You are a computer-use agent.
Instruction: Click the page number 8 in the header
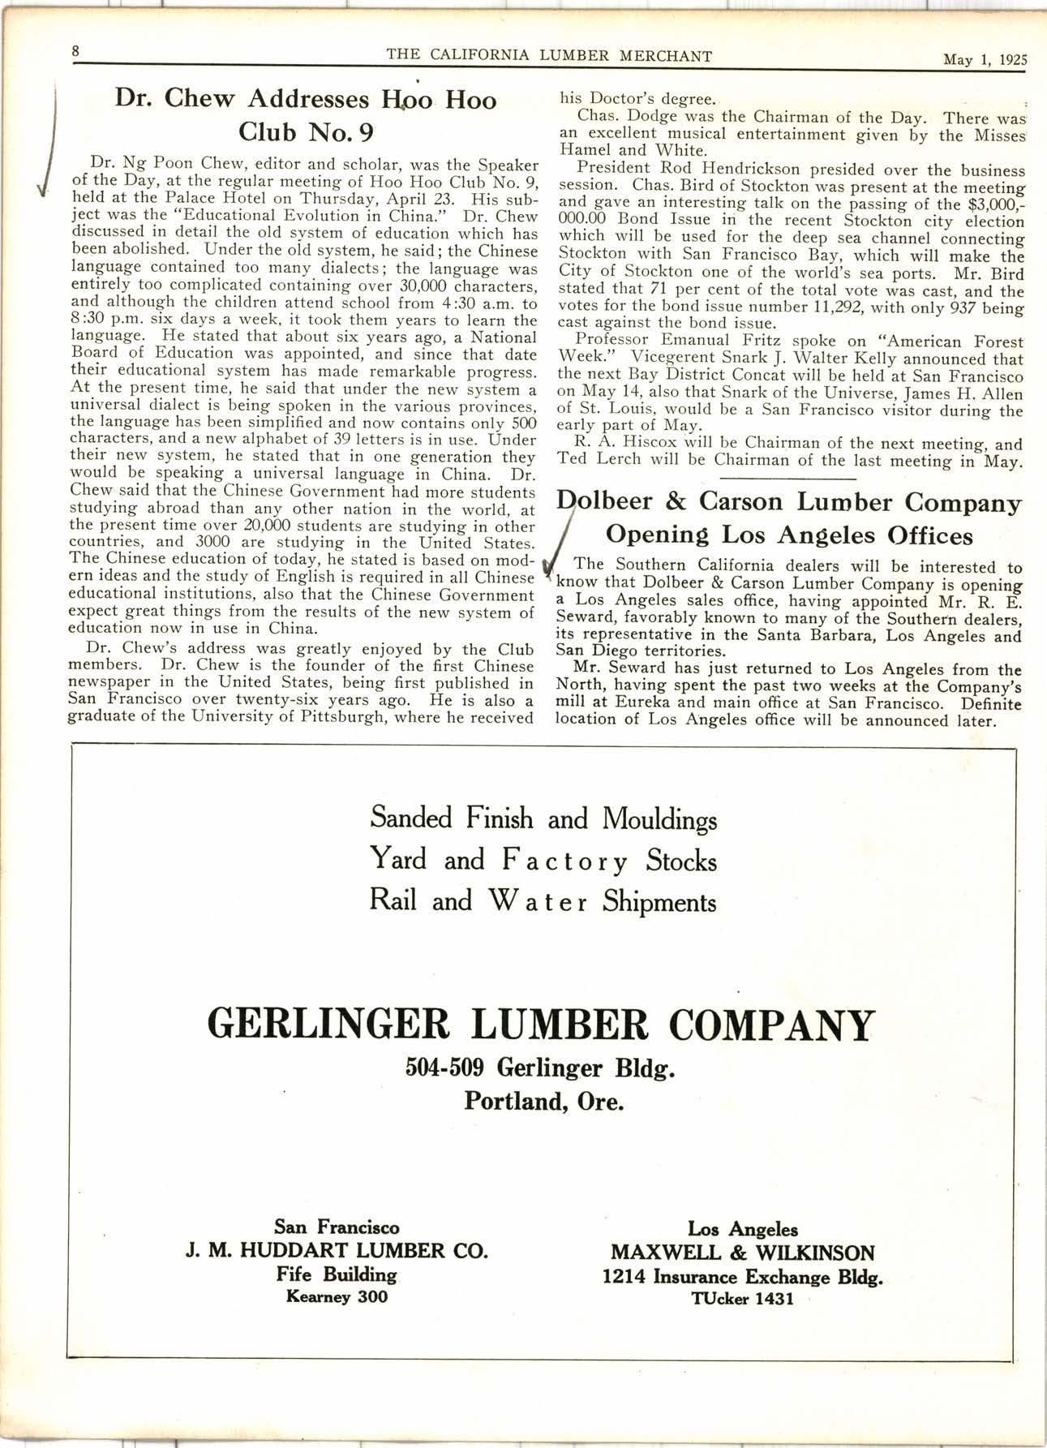[x=75, y=50]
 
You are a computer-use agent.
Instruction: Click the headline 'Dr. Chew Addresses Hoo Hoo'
[x=306, y=100]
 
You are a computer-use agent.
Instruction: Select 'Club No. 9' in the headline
[x=306, y=131]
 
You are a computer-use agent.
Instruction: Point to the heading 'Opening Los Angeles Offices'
[x=789, y=535]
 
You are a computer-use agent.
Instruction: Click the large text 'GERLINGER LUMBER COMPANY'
[x=542, y=1025]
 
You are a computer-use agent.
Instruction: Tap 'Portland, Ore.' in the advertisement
[x=543, y=1102]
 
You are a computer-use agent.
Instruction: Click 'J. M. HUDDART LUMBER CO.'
[x=337, y=1250]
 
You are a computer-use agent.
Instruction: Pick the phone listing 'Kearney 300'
[x=337, y=1296]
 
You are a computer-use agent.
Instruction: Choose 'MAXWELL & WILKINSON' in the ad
[x=743, y=1252]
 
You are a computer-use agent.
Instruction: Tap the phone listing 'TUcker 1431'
[x=741, y=1299]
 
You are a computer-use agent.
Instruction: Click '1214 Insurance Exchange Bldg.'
[x=742, y=1277]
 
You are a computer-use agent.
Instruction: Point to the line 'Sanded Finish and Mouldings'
[x=543, y=818]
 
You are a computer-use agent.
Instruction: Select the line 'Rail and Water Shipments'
[x=543, y=902]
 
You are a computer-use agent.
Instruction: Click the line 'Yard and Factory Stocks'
[x=543, y=860]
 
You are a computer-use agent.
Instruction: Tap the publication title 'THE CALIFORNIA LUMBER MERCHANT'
[x=549, y=56]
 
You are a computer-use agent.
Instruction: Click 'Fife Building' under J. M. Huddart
[x=337, y=1274]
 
